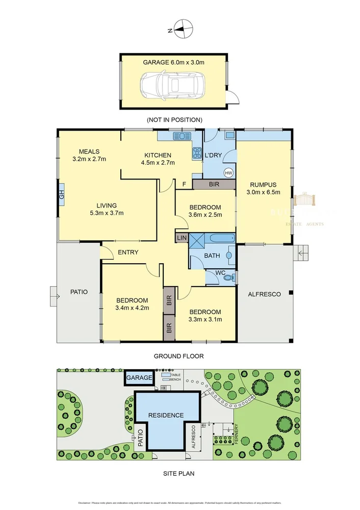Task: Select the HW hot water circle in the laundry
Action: coord(228,172)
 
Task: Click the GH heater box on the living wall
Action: coord(61,194)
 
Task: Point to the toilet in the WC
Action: coord(233,277)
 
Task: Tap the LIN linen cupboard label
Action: coord(182,238)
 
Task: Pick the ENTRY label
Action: coord(128,252)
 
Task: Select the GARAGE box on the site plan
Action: coord(139,378)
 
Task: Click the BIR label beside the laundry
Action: coord(214,184)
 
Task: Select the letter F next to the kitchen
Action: coord(184,184)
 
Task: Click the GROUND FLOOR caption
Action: coord(175,356)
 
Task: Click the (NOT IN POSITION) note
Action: coord(174,119)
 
